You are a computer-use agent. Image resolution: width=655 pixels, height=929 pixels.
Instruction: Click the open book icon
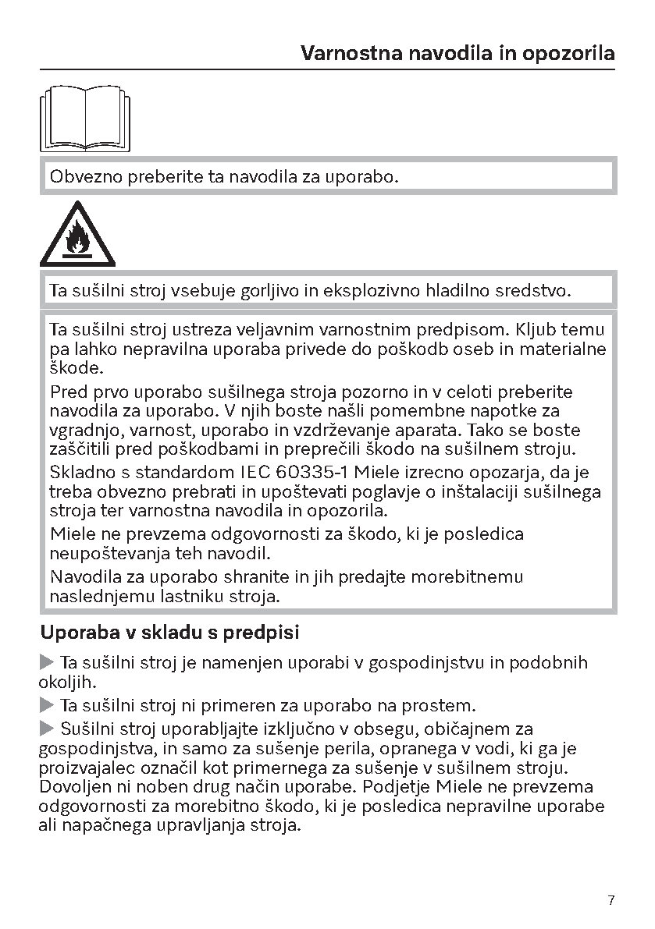pos(85,119)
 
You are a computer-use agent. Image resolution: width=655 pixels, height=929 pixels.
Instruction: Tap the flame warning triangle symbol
pos(77,233)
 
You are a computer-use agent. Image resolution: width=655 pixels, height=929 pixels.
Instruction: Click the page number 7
pos(611,900)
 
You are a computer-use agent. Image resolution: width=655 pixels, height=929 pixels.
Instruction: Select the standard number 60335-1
pos(308,473)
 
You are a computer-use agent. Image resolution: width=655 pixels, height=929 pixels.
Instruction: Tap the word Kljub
pos(531,329)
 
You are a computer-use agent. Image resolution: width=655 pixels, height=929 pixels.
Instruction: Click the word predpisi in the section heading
pos(262,633)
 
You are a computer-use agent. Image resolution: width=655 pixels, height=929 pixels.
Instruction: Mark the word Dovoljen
pos(73,786)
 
